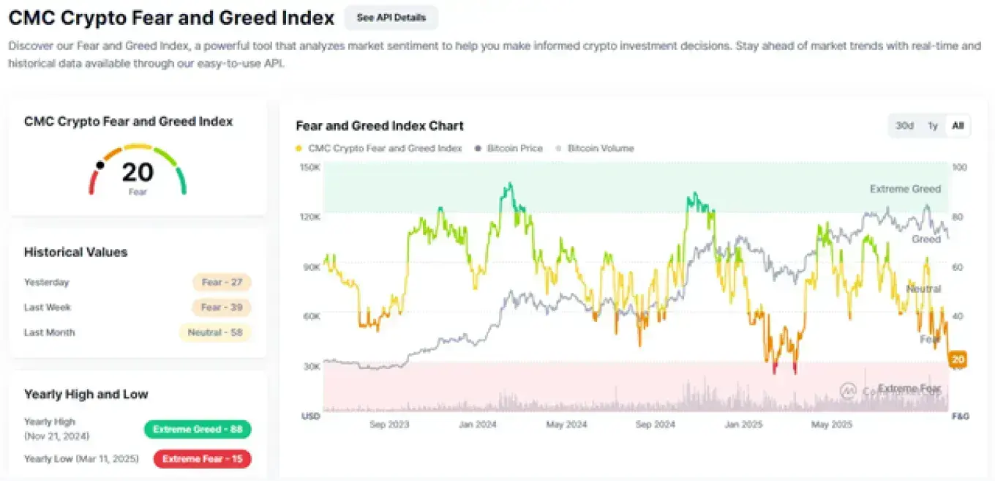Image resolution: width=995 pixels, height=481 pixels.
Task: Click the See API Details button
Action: (391, 18)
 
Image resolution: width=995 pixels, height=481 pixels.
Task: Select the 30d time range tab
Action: (904, 125)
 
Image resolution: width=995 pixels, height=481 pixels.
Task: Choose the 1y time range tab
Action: (932, 125)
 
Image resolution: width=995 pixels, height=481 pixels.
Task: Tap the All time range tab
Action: (958, 125)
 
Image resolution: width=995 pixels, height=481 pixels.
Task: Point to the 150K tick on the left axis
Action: (310, 167)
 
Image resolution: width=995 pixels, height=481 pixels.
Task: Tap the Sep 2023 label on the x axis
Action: (389, 425)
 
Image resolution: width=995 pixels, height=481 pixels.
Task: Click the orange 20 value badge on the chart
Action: (958, 359)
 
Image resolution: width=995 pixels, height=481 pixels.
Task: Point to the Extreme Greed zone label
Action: (905, 189)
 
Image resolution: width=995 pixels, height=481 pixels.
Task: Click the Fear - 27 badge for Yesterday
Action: (222, 283)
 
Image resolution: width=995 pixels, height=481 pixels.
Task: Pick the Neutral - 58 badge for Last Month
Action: (215, 332)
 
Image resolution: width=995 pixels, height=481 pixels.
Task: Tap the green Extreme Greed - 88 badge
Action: (198, 429)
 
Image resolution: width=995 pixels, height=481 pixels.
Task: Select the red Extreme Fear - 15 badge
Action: (202, 459)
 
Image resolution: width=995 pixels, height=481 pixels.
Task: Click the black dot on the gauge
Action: (100, 165)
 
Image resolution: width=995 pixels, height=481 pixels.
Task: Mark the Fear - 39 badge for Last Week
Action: (222, 307)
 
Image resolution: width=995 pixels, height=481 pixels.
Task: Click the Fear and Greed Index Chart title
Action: (380, 126)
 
